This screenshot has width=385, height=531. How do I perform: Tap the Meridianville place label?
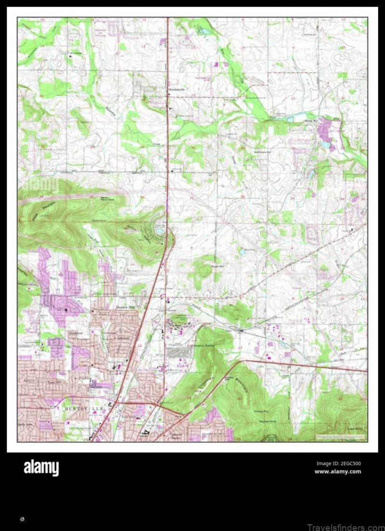click(x=177, y=89)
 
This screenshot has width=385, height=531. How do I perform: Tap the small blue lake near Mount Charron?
click(x=159, y=231)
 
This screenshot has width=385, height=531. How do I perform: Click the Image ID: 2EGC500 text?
click(x=338, y=464)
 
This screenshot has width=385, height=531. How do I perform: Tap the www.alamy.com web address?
click(x=337, y=471)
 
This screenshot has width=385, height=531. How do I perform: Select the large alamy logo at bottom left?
click(x=41, y=468)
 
